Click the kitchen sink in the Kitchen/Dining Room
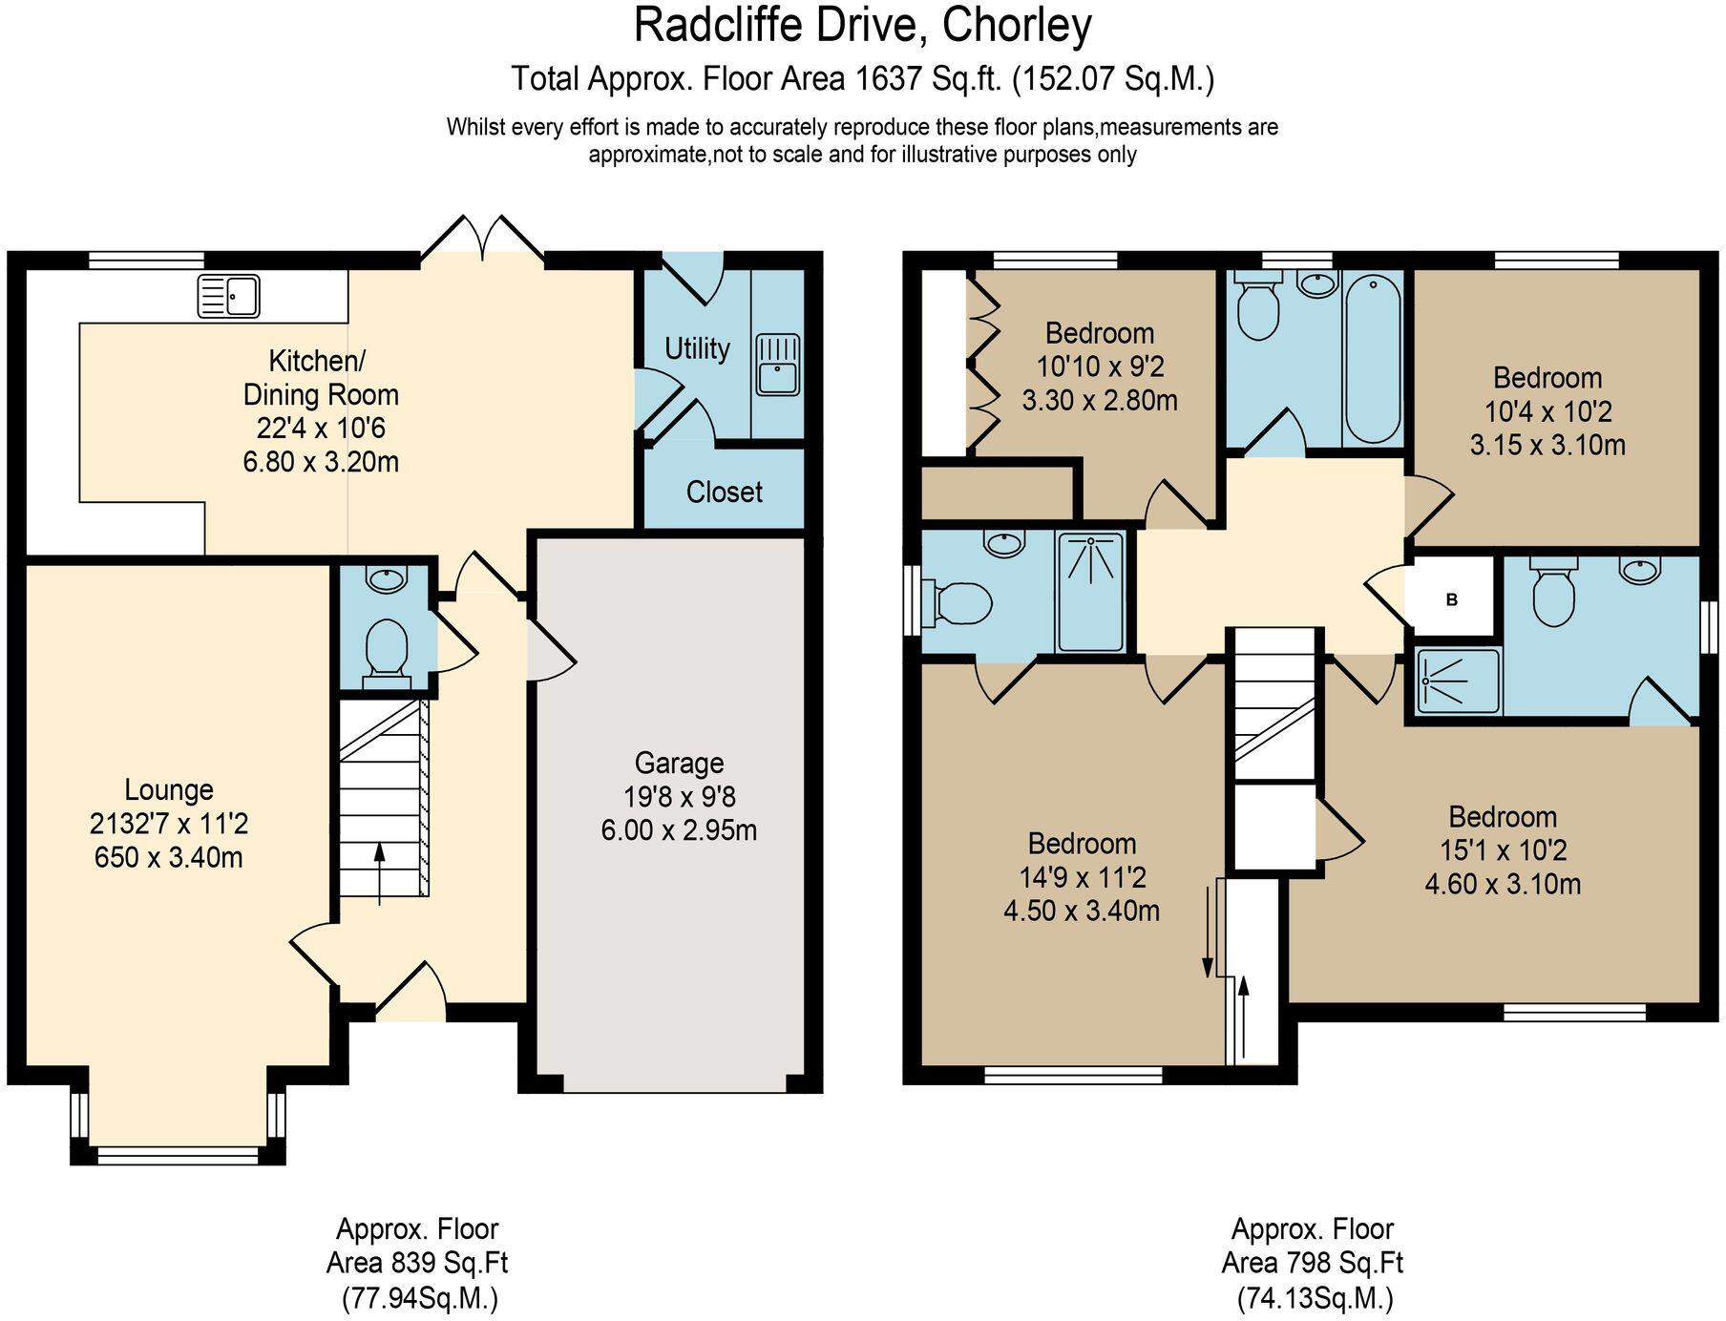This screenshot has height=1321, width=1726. [x=228, y=296]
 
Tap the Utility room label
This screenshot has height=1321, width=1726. [x=697, y=348]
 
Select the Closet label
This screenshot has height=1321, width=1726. [x=724, y=493]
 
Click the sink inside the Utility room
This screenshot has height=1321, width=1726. [x=778, y=365]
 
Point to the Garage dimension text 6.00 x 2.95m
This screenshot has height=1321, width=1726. [x=679, y=830]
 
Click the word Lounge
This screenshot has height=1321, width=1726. [x=169, y=790]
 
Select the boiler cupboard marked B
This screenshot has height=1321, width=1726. [x=1451, y=600]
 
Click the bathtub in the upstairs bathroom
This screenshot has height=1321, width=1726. [x=1372, y=358]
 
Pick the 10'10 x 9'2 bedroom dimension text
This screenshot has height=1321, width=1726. [x=1100, y=367]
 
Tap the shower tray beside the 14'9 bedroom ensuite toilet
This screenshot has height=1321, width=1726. [x=1090, y=592]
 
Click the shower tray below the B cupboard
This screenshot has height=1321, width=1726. [x=1457, y=681]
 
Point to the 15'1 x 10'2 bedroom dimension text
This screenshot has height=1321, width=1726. [x=1503, y=850]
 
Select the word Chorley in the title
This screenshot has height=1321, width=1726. [x=1017, y=26]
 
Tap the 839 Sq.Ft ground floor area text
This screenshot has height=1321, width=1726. [x=416, y=1264]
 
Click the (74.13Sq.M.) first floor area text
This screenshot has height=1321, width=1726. [x=1315, y=1298]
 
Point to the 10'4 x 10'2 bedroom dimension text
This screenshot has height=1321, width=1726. [x=1547, y=412]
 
